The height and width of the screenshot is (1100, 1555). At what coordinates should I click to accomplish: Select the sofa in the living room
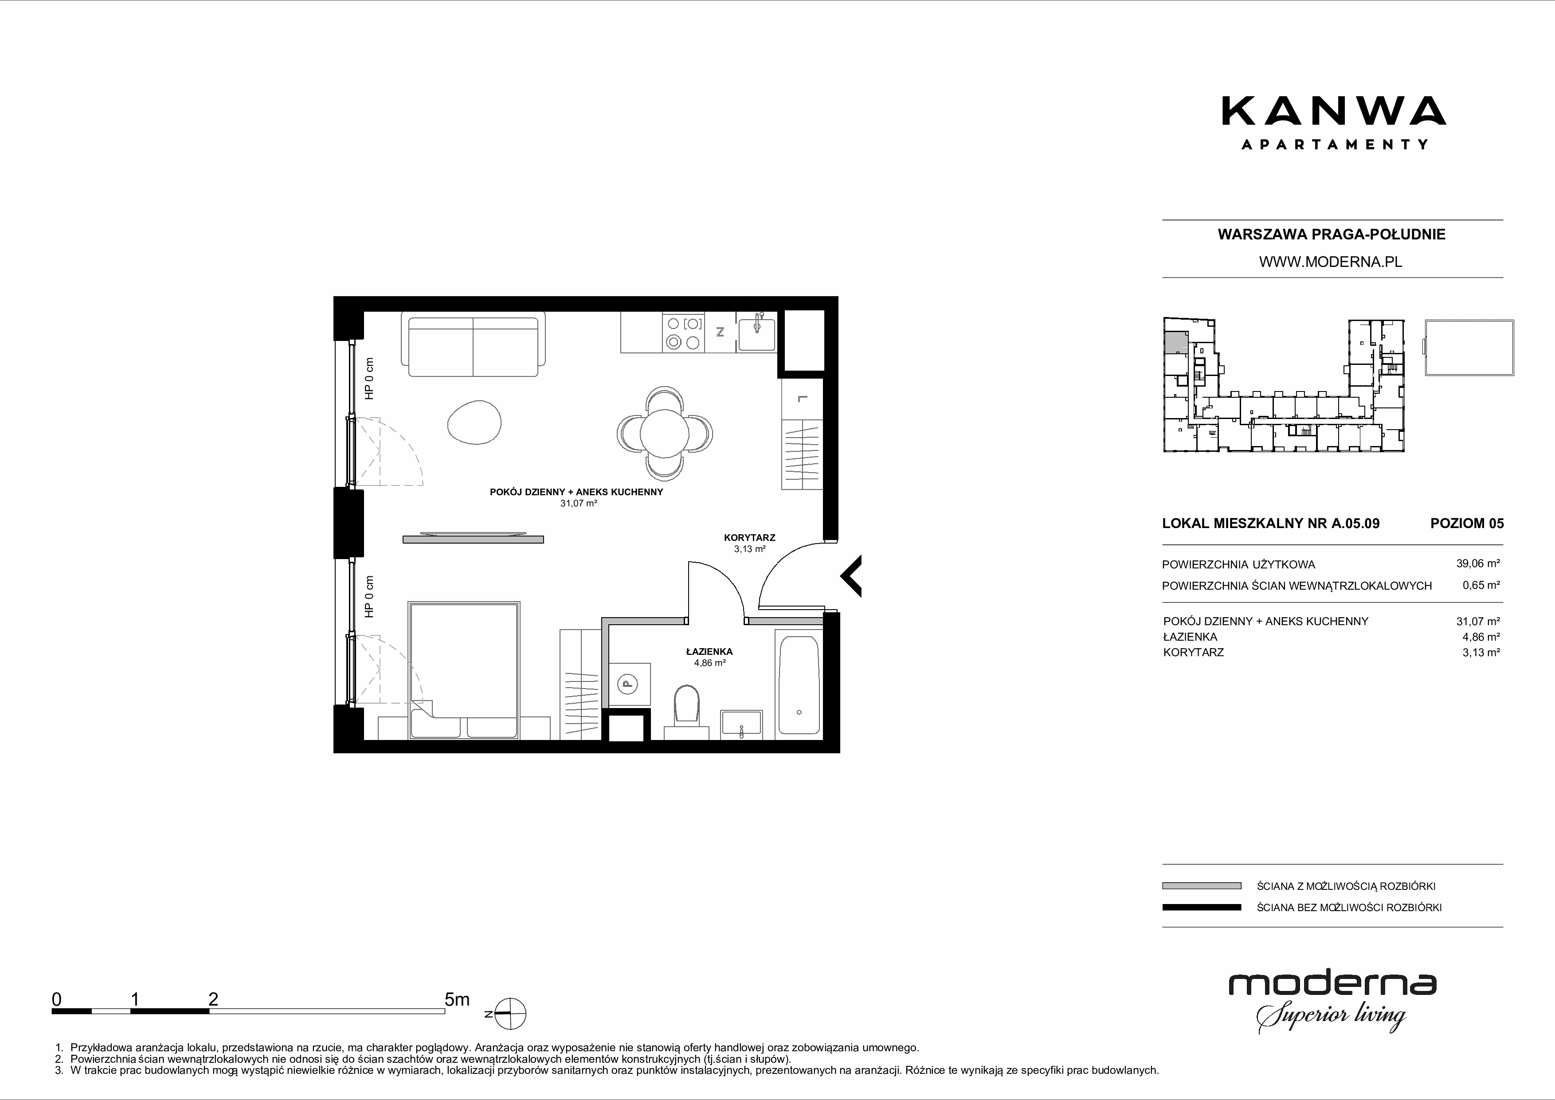pyautogui.click(x=473, y=344)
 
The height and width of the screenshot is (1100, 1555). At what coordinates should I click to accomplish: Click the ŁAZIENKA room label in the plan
pyautogui.click(x=709, y=652)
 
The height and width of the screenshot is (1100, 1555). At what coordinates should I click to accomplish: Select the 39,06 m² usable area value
pyautogui.click(x=1481, y=563)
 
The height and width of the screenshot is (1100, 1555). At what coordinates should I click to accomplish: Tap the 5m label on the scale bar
pyautogui.click(x=457, y=1000)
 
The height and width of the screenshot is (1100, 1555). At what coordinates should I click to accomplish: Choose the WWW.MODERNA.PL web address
pyautogui.click(x=1331, y=262)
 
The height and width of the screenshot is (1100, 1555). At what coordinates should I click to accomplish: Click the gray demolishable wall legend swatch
pyautogui.click(x=1202, y=886)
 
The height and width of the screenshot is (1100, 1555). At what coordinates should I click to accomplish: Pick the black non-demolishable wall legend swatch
pyautogui.click(x=1202, y=908)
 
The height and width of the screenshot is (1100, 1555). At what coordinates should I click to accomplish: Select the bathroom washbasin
pyautogui.click(x=742, y=725)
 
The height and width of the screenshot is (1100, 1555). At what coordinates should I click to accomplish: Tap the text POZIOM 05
pyautogui.click(x=1467, y=523)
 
